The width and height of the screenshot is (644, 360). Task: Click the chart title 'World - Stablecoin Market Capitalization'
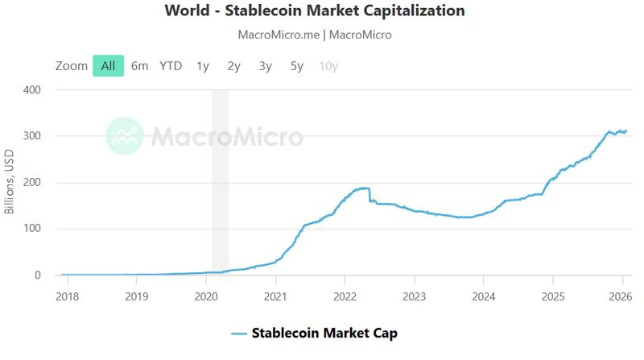click(x=315, y=11)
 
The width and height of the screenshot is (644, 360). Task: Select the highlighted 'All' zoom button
click(x=108, y=66)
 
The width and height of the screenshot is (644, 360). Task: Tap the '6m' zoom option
click(x=139, y=66)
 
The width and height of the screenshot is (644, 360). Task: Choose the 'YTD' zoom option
click(x=171, y=66)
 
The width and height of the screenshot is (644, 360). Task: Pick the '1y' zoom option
click(x=203, y=66)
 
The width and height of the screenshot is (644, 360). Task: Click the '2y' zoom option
click(x=234, y=66)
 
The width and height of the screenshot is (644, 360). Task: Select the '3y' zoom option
click(x=266, y=66)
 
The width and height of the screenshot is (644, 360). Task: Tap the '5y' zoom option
click(x=297, y=66)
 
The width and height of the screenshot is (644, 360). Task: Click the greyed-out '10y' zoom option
click(x=328, y=66)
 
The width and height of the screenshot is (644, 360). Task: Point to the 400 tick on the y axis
click(x=31, y=89)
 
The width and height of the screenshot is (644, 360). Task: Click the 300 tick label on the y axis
click(x=31, y=136)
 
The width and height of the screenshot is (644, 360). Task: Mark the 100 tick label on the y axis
click(x=31, y=230)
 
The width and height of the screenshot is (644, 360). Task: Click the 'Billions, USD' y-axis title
click(x=10, y=182)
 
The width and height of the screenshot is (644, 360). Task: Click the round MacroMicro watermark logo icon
click(x=125, y=136)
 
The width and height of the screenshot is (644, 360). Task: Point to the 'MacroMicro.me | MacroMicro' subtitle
click(x=315, y=35)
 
